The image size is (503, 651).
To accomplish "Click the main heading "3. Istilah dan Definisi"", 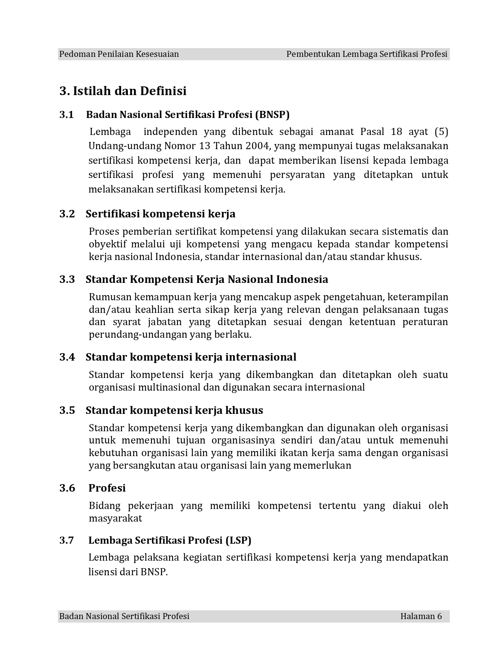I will click(x=123, y=91).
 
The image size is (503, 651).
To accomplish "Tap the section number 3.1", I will click(x=67, y=115).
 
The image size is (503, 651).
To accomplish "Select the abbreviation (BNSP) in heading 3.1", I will click(x=272, y=115).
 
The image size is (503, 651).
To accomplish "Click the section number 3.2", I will click(x=67, y=214).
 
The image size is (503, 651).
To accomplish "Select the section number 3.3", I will click(x=67, y=279).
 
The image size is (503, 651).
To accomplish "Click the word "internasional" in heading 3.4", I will click(x=260, y=357).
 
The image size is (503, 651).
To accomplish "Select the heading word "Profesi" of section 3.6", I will click(x=107, y=488).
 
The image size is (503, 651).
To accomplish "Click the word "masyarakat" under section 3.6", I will click(x=115, y=518).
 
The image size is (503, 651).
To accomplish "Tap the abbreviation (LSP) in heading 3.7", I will click(x=238, y=540).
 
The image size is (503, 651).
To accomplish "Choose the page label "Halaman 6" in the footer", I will click(x=421, y=616).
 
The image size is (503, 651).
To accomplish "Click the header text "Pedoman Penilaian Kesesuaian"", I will click(x=119, y=54).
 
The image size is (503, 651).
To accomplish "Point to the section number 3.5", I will click(x=67, y=410).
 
